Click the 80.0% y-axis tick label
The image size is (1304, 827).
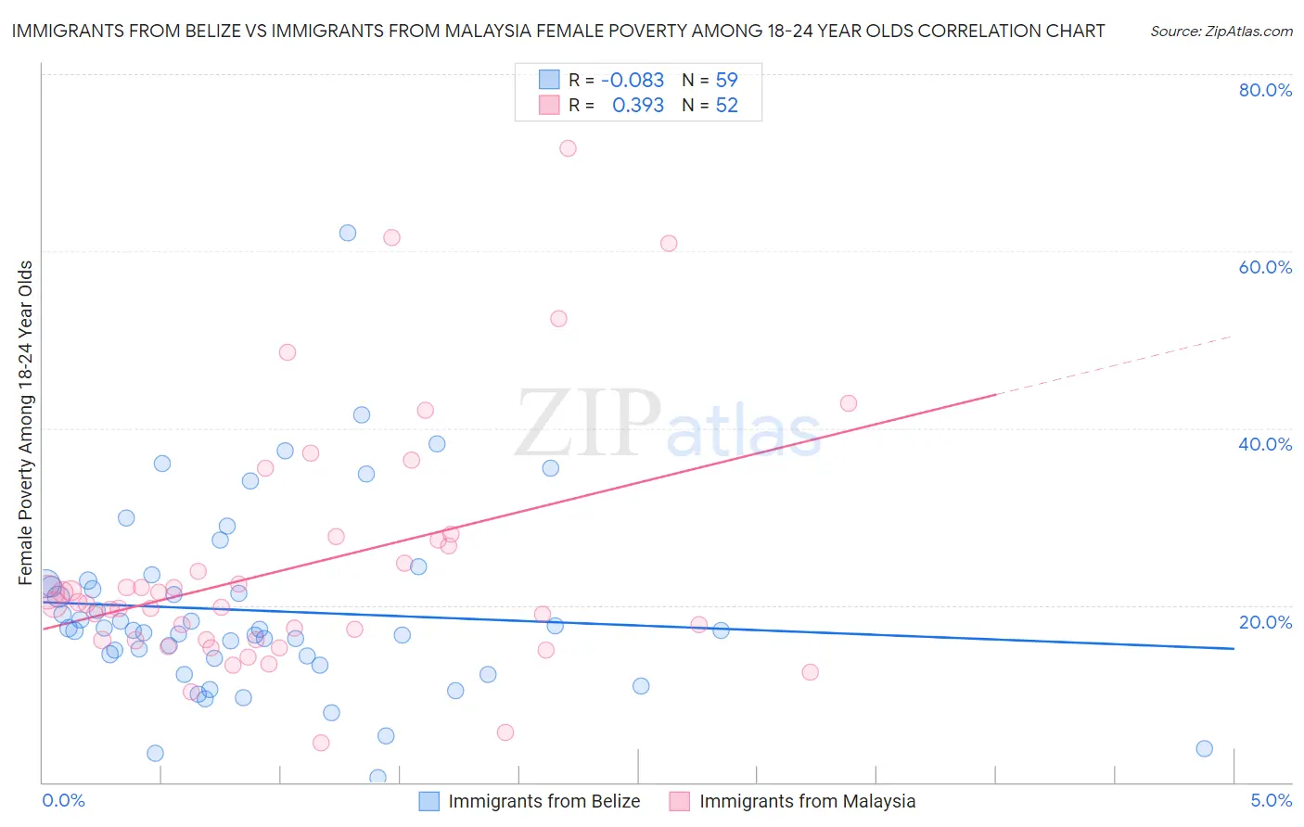pos(1265,90)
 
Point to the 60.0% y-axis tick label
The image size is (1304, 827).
pos(1265,267)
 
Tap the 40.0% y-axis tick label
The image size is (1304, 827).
pos(1265,444)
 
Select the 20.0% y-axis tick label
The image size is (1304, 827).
pos(1265,622)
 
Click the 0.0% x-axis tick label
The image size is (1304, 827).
pos(63,800)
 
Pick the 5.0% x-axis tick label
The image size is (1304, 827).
pos(1271,800)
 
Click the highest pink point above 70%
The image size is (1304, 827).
pos(568,148)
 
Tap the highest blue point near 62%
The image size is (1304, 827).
pos(348,233)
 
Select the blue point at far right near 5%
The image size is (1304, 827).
pos(1204,748)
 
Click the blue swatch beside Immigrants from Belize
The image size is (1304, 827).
pos(428,801)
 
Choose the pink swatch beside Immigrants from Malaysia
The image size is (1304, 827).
pos(680,801)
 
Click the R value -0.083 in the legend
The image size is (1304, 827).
pos(633,81)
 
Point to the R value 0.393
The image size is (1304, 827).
pos(638,106)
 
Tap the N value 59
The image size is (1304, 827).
pos(726,81)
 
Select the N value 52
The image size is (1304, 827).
pos(726,106)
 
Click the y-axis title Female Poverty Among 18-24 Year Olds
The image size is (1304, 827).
pos(26,423)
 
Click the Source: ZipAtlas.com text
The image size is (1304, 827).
pos(1221,32)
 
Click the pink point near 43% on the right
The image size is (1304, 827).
pos(848,403)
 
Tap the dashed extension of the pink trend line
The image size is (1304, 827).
pos(1113,364)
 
